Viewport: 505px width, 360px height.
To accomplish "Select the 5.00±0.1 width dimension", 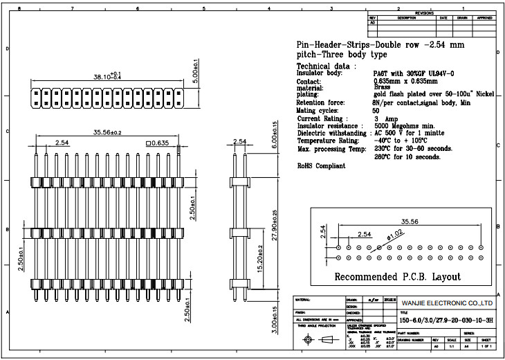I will coord(196,71).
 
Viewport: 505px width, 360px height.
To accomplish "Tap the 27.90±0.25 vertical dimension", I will coord(275,220).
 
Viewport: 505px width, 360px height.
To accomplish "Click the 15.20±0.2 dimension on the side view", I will coord(260,258).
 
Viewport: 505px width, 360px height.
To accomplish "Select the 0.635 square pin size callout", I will coord(156,143).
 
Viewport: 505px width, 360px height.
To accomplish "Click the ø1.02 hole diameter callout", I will coord(394,234).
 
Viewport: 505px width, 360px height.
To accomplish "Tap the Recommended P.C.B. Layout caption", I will coord(397,276).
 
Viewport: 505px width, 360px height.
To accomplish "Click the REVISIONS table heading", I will coord(423,13).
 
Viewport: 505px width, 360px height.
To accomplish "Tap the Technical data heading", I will coord(326,66).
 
